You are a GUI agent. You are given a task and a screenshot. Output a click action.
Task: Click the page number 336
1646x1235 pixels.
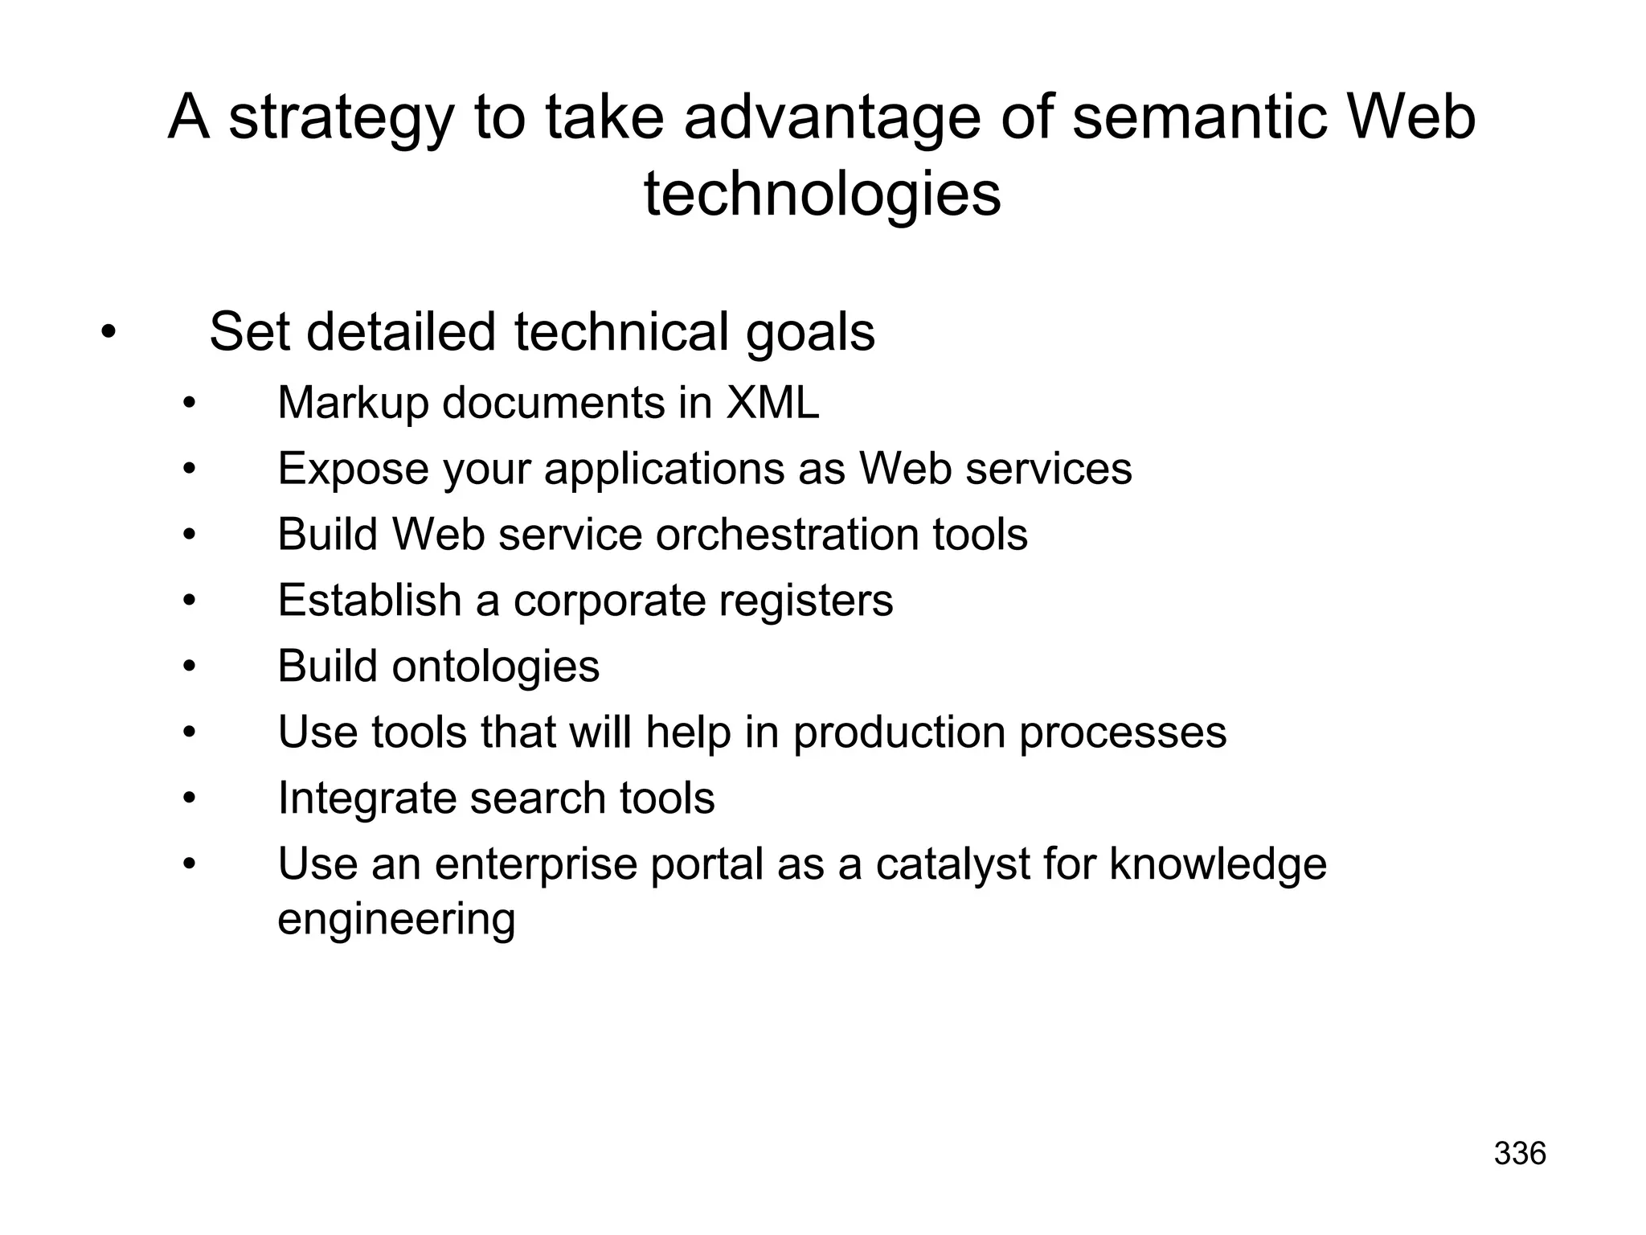point(1520,1154)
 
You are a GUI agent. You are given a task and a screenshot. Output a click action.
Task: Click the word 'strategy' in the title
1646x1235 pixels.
point(342,119)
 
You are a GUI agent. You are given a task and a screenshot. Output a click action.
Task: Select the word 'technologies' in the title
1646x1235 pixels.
point(822,195)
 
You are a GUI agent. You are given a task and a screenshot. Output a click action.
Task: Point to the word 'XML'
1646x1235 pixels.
point(772,403)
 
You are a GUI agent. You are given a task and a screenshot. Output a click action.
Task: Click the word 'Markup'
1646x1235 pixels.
point(353,404)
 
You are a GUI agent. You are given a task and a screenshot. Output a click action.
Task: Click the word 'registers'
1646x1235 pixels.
point(803,601)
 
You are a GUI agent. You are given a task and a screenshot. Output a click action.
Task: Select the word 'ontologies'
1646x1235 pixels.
point(495,667)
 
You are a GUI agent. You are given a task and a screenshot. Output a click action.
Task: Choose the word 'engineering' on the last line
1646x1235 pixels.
point(396,919)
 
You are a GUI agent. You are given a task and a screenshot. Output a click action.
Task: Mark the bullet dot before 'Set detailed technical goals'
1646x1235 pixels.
point(109,331)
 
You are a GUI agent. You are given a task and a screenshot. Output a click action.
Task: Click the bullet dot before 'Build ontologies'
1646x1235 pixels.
point(189,667)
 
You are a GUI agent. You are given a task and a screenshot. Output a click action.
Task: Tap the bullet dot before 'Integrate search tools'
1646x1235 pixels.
point(189,798)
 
